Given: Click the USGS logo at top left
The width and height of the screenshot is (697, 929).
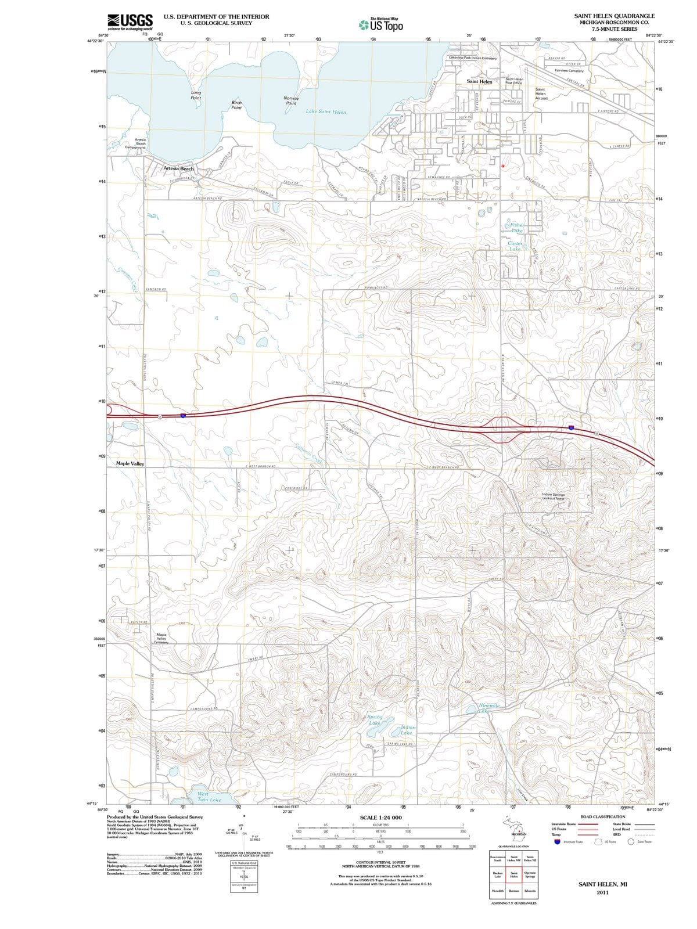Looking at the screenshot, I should point(130,21).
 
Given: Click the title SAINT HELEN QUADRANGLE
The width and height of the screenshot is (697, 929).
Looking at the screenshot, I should point(614,16).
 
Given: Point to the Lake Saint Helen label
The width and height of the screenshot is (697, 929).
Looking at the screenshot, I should point(326,111).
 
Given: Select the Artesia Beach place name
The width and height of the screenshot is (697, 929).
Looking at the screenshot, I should point(178,168).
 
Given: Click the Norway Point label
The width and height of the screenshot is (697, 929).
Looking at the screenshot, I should point(292,100).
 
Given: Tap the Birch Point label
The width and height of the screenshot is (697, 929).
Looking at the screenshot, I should point(236,105).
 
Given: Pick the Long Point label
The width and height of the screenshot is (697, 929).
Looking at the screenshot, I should point(196,95).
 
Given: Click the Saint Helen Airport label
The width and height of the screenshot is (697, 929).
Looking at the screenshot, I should point(541,93).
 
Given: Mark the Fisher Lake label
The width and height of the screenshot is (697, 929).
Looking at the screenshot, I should point(516,228).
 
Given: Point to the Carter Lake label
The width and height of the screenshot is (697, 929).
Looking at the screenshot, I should point(515,246).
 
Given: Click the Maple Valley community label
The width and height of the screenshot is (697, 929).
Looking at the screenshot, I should point(130,463).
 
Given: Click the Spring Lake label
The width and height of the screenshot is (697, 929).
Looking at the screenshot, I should point(375,720).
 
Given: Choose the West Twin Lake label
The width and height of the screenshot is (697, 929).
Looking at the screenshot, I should point(206,797).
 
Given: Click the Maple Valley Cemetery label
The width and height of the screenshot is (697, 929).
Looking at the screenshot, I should point(161,639).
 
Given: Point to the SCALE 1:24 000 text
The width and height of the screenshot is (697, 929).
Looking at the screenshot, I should point(380,818).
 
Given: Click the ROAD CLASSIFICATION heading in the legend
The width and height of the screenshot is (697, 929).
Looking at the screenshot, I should point(606,816).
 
